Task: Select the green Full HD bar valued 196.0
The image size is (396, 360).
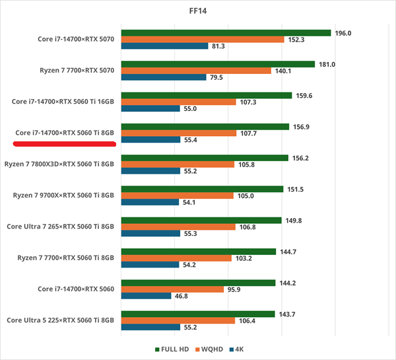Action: click(x=226, y=32)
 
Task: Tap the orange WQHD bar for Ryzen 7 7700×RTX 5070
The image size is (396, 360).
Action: click(x=196, y=71)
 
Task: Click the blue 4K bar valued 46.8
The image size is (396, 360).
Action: click(x=147, y=296)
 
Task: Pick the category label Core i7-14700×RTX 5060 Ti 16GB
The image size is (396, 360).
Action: click(x=63, y=102)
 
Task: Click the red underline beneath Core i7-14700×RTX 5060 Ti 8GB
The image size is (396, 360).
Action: click(x=64, y=141)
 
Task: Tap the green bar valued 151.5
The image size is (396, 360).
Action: click(x=202, y=189)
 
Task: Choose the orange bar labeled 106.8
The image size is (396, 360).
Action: click(x=178, y=227)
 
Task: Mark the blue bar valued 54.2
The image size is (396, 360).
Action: click(x=150, y=265)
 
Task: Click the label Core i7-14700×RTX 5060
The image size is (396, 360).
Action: click(x=75, y=289)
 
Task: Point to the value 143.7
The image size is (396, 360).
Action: click(x=286, y=314)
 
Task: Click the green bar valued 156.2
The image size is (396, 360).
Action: click(x=205, y=158)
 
